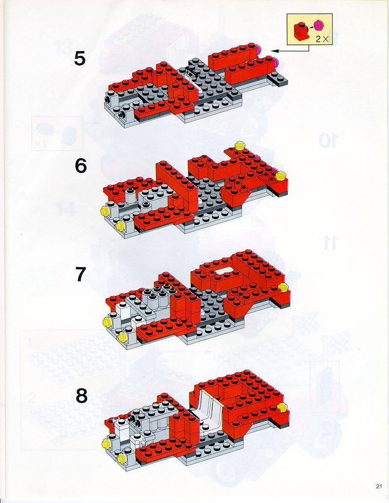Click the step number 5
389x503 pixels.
pyautogui.click(x=80, y=59)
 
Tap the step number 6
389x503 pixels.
pyautogui.click(x=80, y=166)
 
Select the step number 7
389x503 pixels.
pyautogui.click(x=81, y=275)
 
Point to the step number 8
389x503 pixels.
pyautogui.click(x=81, y=397)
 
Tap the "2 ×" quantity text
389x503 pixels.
pyautogui.click(x=322, y=39)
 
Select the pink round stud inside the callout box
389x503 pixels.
pyautogui.click(x=318, y=24)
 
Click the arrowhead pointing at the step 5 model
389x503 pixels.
pyautogui.click(x=273, y=51)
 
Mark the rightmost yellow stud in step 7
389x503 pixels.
pyautogui.click(x=282, y=287)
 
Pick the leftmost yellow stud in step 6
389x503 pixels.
pyautogui.click(x=104, y=211)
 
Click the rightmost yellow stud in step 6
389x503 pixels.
pyautogui.click(x=281, y=175)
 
